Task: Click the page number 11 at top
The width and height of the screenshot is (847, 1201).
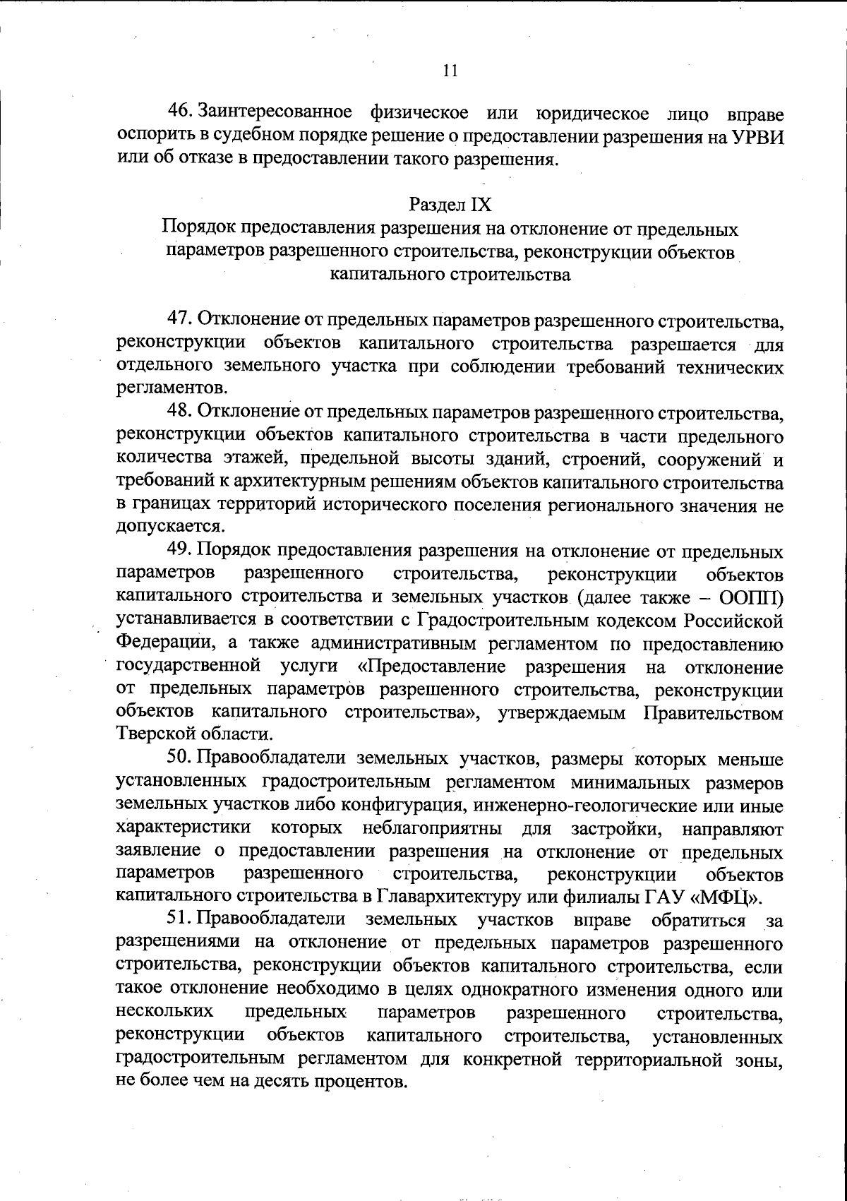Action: click(x=450, y=71)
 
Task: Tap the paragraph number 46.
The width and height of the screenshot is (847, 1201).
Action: click(x=180, y=112)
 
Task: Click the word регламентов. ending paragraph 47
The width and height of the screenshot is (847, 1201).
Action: click(x=172, y=388)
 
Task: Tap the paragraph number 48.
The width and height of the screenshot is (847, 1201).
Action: click(x=180, y=411)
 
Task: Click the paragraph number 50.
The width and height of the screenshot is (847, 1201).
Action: click(x=180, y=759)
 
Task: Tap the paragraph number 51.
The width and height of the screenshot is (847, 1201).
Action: click(x=180, y=920)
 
